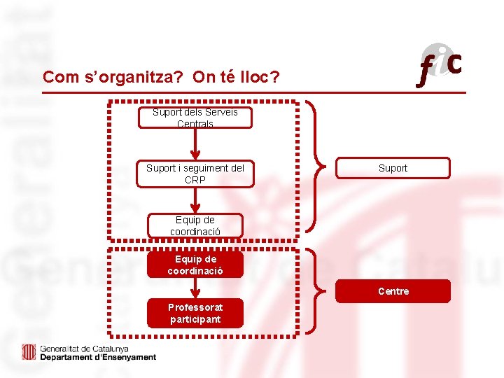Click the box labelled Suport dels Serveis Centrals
coord(195,117)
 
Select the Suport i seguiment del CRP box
coord(195,174)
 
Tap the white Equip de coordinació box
coord(195,225)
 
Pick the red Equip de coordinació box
coord(195,265)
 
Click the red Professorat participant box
coord(195,313)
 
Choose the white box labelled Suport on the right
coord(392,168)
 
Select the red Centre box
coord(392,291)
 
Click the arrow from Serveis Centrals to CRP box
coord(195,145)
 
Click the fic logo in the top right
coord(440,65)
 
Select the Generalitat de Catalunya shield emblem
coord(29,352)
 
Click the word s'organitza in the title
coord(132,77)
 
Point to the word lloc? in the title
coord(258,77)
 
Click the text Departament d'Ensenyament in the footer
coord(98,357)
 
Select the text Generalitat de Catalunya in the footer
coord(84,349)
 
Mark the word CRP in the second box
coord(195,180)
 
